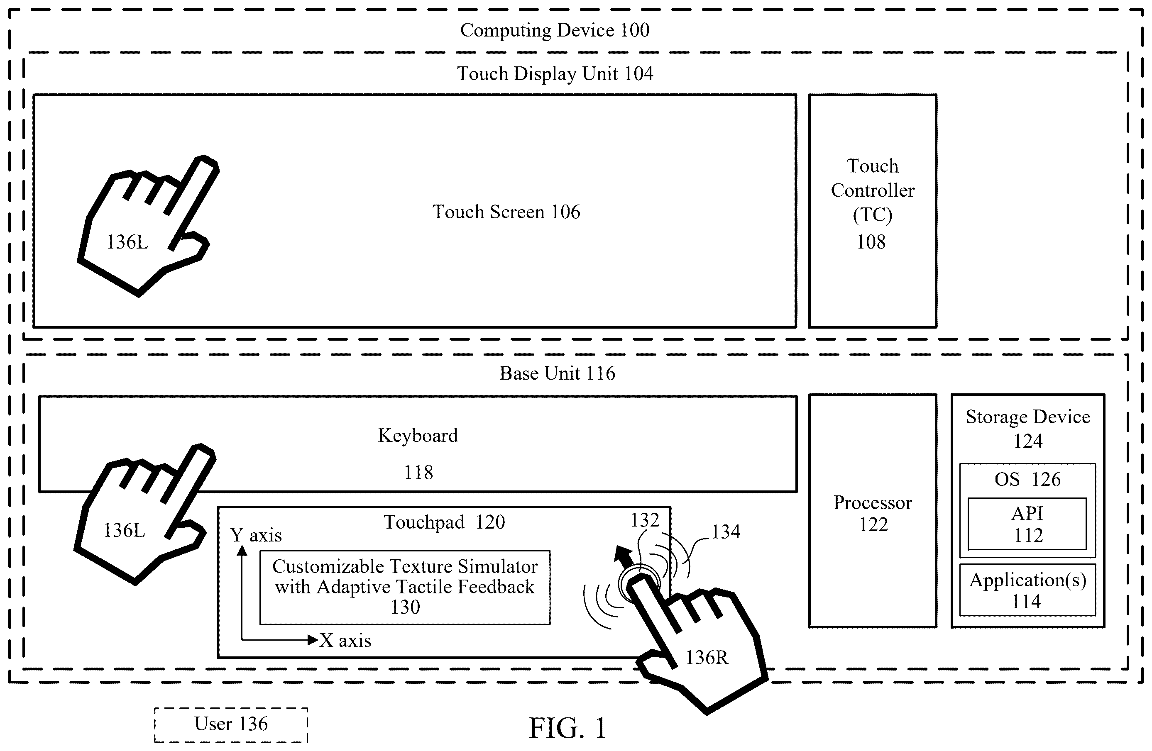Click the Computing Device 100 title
click(555, 30)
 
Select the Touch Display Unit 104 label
click(555, 74)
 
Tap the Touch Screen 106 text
click(506, 212)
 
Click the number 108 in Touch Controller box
click(871, 242)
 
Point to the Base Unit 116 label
click(557, 373)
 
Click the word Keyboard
click(418, 436)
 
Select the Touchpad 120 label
click(444, 522)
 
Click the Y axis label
click(256, 535)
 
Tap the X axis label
click(345, 641)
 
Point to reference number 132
click(645, 520)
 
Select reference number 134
click(726, 532)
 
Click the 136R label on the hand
click(707, 658)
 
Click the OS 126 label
click(1027, 479)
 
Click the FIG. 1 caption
click(567, 728)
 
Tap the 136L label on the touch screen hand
click(127, 242)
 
